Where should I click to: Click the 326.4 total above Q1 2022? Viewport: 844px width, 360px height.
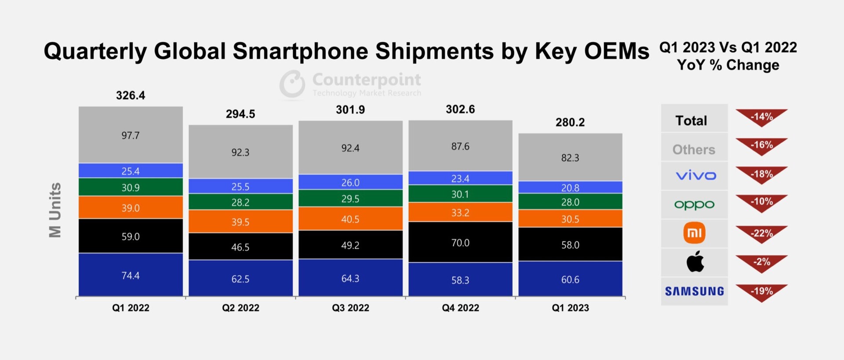click(131, 95)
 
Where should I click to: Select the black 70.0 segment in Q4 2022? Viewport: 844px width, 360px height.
click(460, 243)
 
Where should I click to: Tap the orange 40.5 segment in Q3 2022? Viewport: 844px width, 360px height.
click(350, 219)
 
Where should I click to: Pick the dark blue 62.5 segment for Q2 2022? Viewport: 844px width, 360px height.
click(240, 279)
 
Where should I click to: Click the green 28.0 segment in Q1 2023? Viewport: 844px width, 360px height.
click(570, 202)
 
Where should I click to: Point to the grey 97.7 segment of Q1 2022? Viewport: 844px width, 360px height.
click(131, 135)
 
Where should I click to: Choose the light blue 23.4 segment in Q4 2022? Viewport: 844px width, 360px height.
click(460, 178)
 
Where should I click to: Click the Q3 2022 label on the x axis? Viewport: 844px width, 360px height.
click(350, 308)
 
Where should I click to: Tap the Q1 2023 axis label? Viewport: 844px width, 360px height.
click(570, 308)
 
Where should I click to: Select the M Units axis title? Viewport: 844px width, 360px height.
click(55, 210)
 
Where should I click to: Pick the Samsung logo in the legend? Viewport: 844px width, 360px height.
click(694, 291)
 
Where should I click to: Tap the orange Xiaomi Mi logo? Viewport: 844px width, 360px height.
click(695, 233)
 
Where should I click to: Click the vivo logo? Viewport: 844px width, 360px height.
click(695, 175)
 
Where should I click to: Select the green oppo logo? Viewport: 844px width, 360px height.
click(694, 204)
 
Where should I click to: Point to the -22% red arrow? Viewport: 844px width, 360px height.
click(761, 234)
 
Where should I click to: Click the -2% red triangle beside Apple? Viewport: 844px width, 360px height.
click(761, 263)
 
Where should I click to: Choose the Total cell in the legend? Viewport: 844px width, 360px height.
click(691, 120)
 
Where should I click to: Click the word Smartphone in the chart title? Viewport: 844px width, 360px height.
click(301, 51)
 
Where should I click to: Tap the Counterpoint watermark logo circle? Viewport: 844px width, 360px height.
click(292, 83)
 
